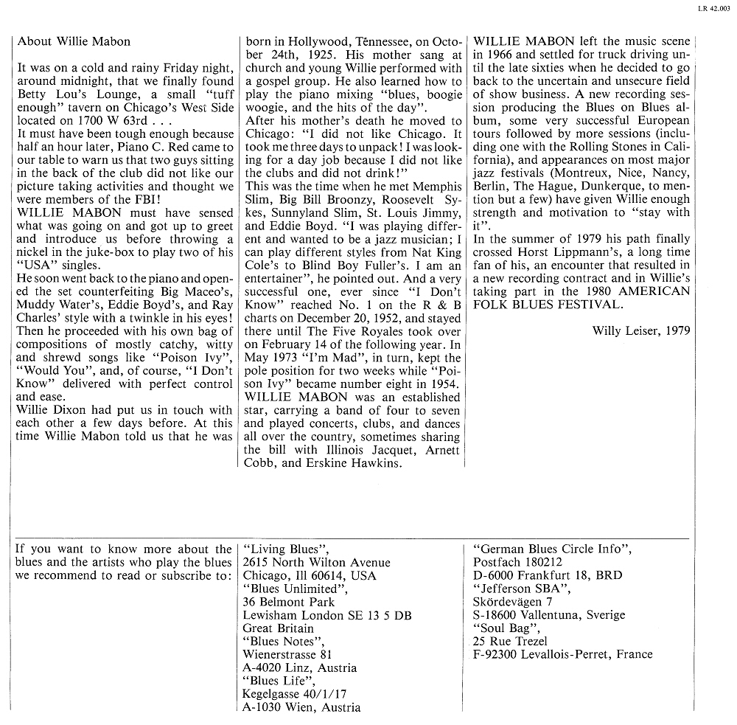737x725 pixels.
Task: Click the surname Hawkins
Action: tap(369, 462)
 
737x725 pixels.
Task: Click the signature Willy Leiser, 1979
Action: tap(641, 330)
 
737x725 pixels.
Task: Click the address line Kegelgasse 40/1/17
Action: tap(294, 694)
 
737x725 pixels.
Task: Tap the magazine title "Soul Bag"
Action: tap(506, 628)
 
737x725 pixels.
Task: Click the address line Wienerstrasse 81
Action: tap(287, 654)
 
